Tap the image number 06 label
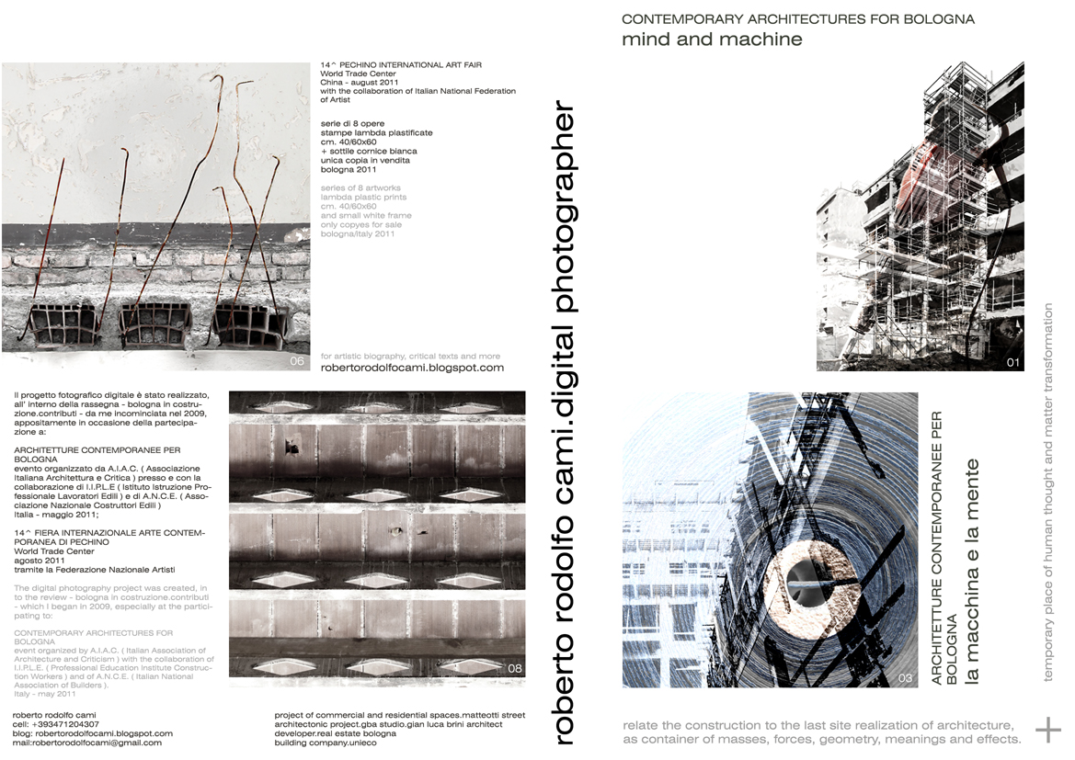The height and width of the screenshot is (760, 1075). (297, 361)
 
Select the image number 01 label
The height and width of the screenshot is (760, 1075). (1013, 362)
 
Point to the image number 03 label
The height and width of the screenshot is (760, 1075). (905, 678)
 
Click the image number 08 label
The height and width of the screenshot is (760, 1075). (514, 669)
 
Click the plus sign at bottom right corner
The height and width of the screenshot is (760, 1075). (1048, 730)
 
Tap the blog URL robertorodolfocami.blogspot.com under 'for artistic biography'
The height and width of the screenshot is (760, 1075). (412, 368)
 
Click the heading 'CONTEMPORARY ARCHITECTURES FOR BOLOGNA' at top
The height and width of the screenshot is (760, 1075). (797, 18)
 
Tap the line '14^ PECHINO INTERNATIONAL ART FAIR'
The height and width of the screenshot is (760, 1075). (400, 65)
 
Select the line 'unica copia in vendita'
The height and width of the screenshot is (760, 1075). (364, 161)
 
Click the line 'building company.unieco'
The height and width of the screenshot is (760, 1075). (325, 743)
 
